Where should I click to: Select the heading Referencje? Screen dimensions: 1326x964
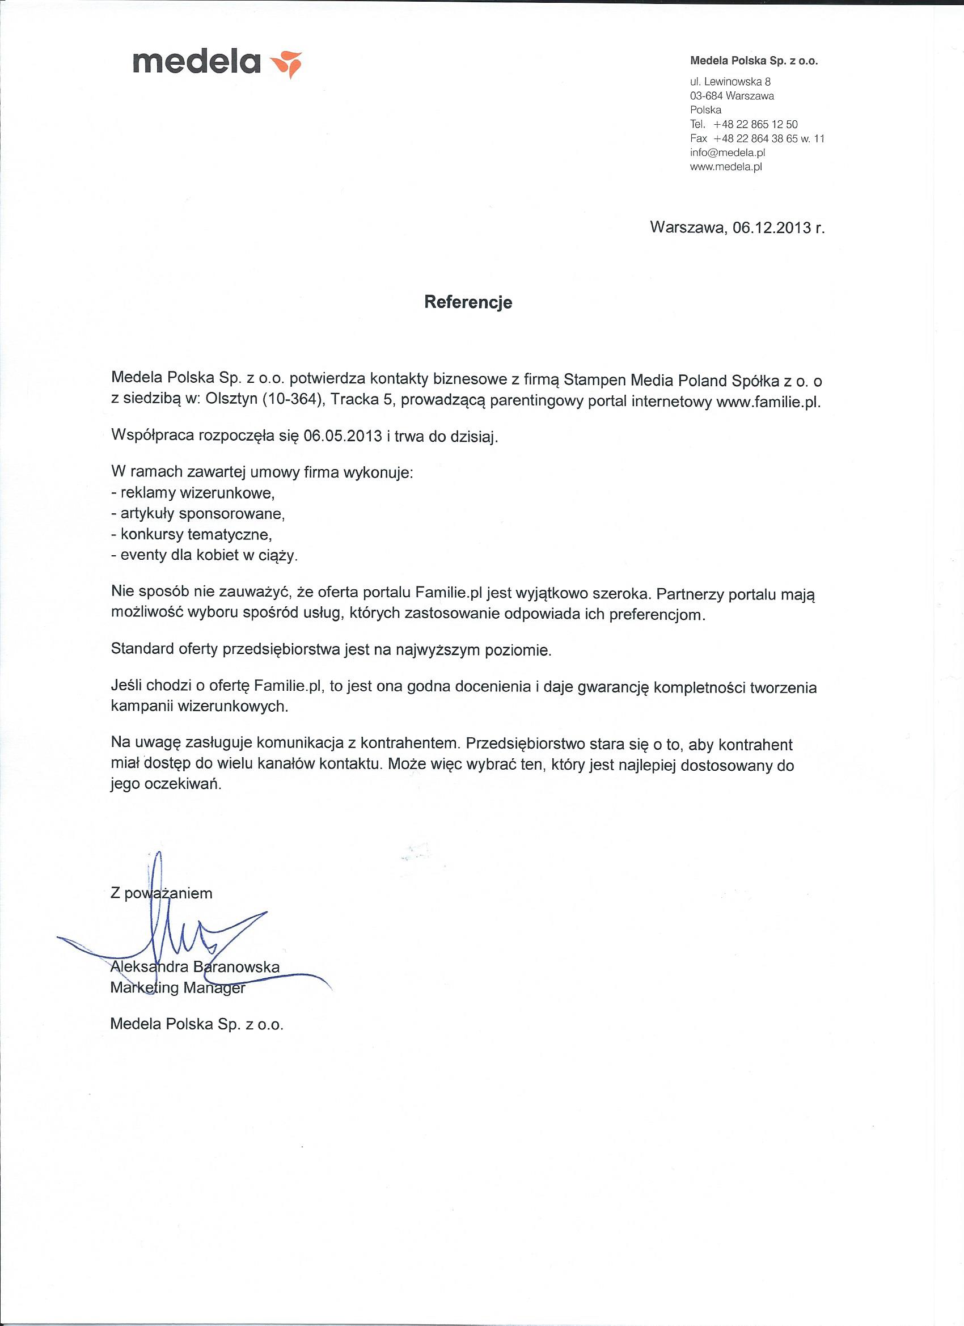click(468, 302)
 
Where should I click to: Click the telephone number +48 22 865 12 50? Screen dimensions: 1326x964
click(755, 124)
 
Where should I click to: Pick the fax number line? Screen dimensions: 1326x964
click(756, 138)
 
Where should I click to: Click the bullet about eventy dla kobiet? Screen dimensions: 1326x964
click(204, 556)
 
